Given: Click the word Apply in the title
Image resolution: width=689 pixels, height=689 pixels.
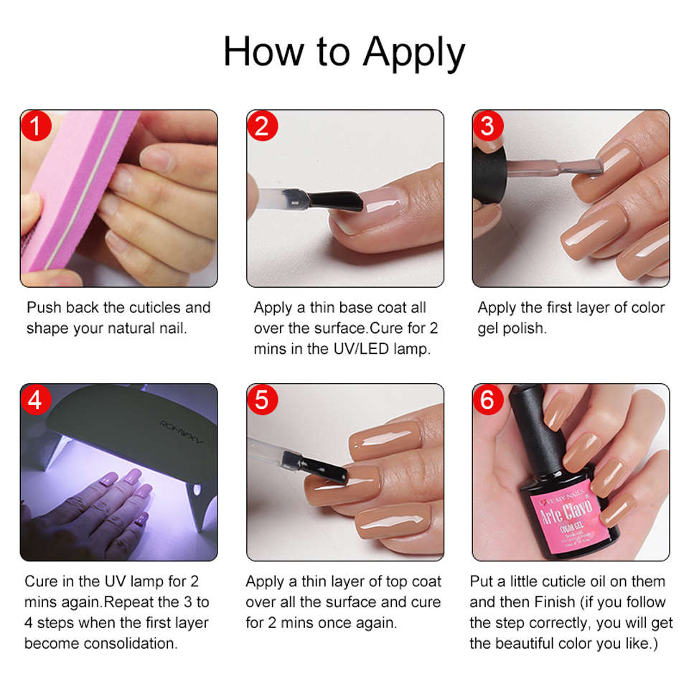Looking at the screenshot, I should point(414,53).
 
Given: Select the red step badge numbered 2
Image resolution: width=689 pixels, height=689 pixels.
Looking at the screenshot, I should point(262,126).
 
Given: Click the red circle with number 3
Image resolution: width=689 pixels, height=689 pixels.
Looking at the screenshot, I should point(487,126).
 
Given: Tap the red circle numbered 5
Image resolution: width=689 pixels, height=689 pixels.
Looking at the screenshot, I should point(262,400).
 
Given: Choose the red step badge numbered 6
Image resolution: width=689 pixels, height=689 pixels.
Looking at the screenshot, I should point(487,400).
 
